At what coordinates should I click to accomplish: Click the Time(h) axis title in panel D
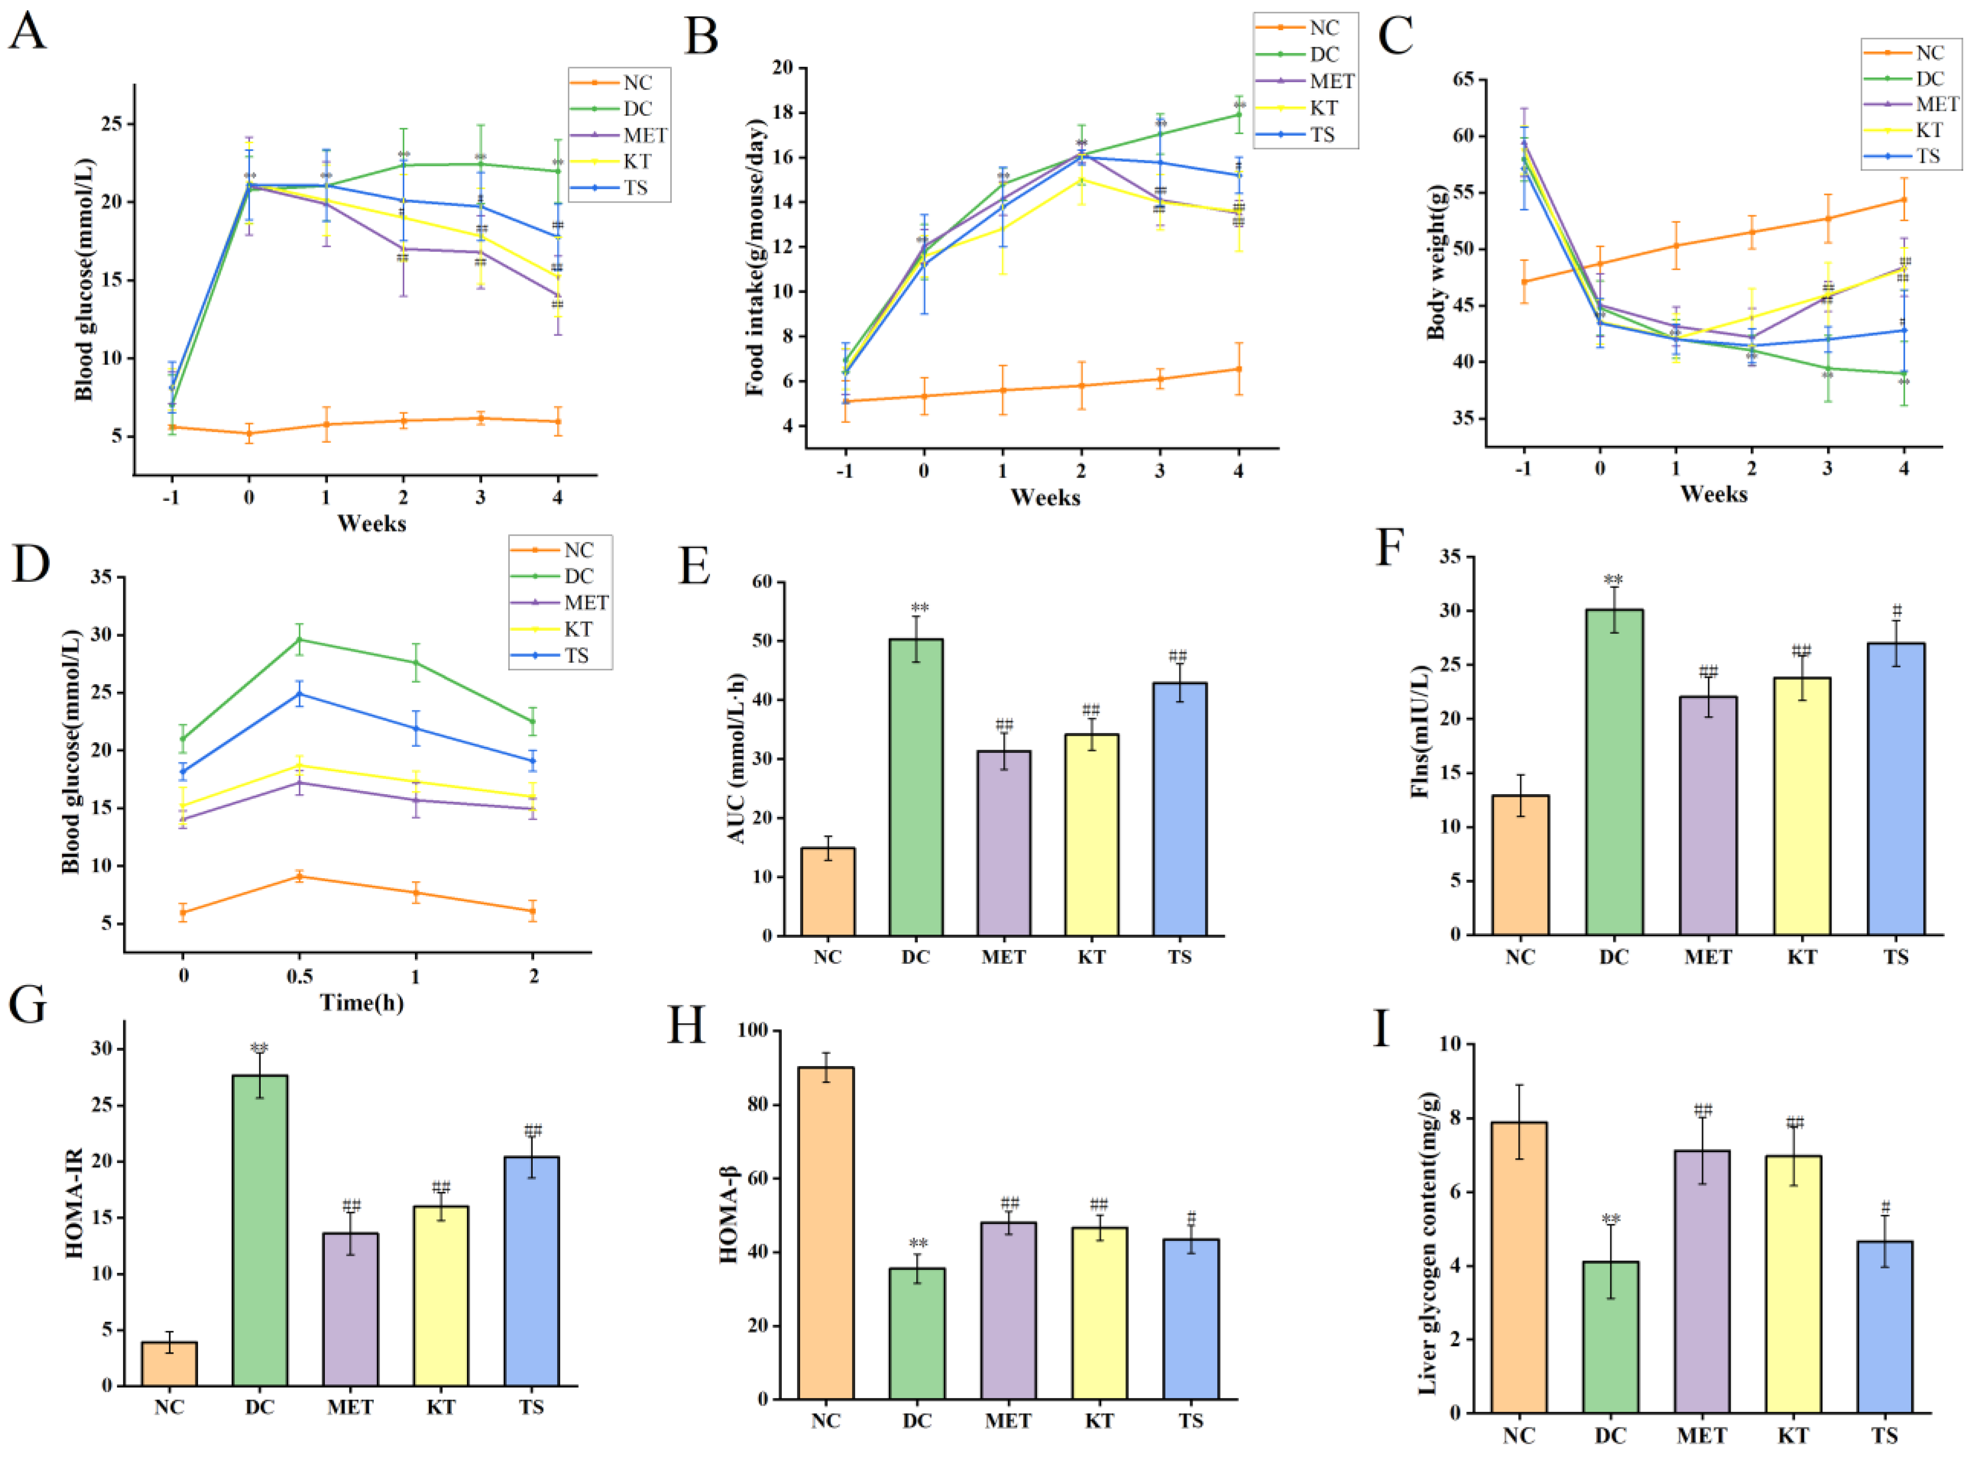[362, 1003]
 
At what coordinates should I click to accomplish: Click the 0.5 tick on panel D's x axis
[300, 976]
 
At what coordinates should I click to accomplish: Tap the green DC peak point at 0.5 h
[300, 639]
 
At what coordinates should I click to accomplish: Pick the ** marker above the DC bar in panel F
[1613, 580]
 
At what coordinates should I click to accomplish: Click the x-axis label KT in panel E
[1091, 957]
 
